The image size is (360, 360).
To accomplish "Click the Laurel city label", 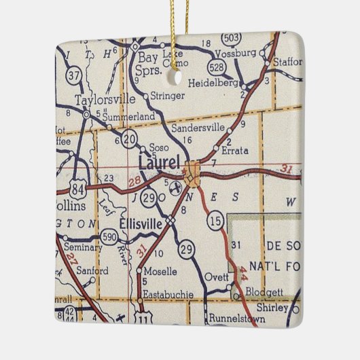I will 160,163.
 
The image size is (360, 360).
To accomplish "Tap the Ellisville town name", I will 143,222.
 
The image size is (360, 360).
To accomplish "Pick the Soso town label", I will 159,147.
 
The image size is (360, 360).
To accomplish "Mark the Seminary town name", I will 84,248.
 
